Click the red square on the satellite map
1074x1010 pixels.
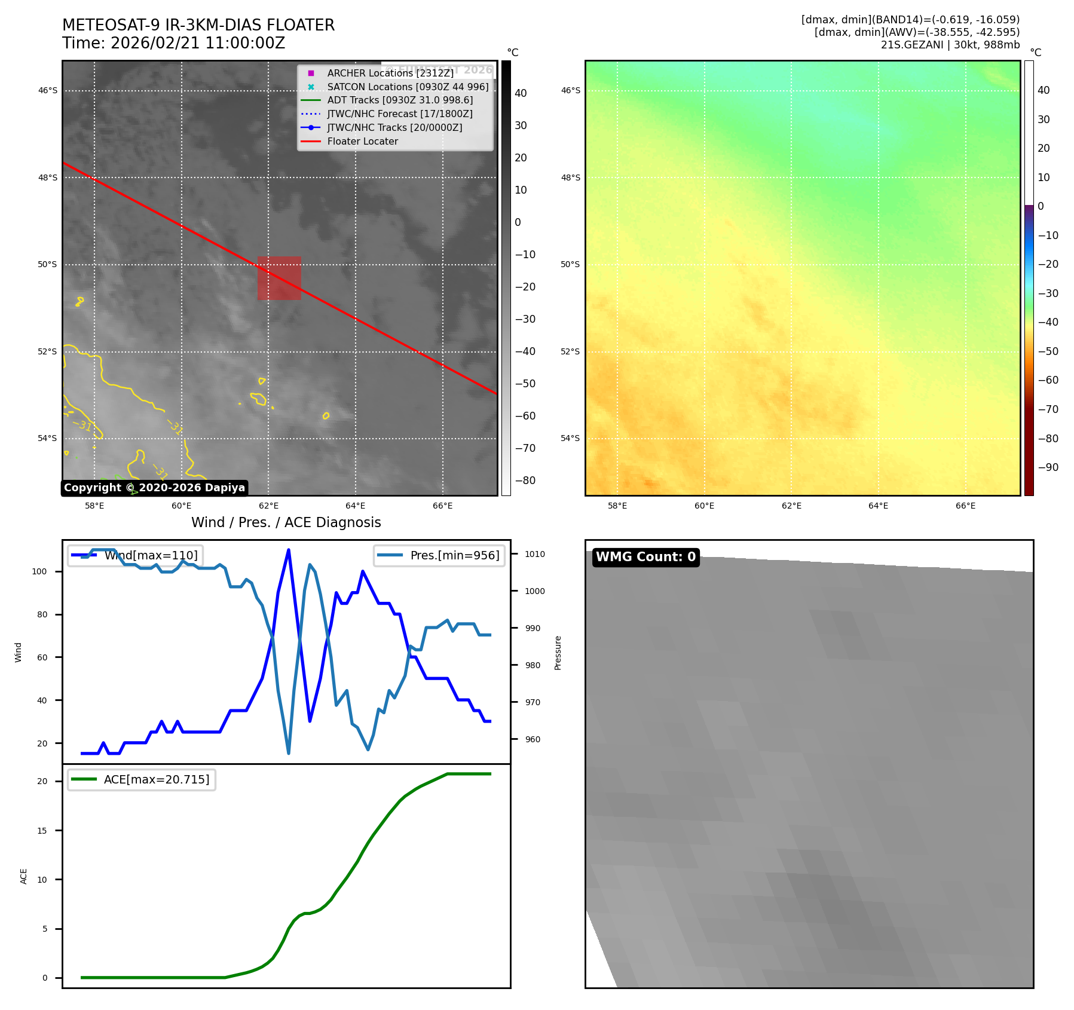pos(279,278)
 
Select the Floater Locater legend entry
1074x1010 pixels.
pos(362,142)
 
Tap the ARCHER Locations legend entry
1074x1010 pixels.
pos(390,73)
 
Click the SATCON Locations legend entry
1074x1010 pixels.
pos(408,87)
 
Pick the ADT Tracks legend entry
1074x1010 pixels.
pos(400,100)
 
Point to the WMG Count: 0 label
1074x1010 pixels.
pos(645,557)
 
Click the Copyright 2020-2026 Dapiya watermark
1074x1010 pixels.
pos(154,488)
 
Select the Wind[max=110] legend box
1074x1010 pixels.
pos(135,555)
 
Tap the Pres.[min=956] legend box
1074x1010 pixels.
pos(439,555)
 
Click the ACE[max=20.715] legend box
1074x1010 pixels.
pos(142,779)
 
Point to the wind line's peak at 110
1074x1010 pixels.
pos(289,550)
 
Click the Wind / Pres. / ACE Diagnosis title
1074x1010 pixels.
pos(286,522)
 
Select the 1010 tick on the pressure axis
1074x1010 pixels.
pos(535,555)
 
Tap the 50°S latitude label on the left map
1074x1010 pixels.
pos(48,265)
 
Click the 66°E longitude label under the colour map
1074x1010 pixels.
pos(965,506)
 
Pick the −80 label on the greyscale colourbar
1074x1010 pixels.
pos(525,480)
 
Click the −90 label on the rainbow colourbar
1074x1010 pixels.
pos(1048,467)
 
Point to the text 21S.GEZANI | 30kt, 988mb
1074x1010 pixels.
pos(950,45)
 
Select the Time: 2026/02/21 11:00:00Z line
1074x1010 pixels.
pos(173,44)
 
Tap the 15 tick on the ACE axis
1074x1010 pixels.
pos(42,831)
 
